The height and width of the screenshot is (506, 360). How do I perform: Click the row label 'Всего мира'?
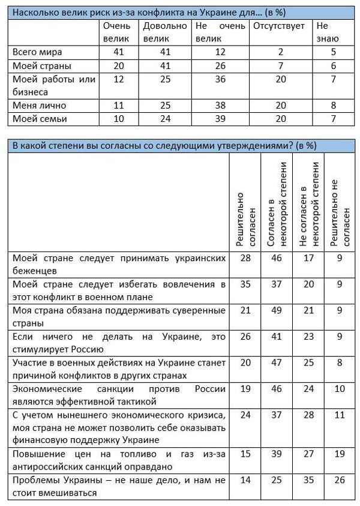38,52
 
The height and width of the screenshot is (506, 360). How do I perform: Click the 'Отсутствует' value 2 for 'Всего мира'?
279,52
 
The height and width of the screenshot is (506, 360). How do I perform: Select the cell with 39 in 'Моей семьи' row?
220,119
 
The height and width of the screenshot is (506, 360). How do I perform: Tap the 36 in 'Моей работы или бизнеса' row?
220,79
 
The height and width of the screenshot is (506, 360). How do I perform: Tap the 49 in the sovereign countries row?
277,311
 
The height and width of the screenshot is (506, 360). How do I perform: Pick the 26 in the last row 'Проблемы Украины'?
339,481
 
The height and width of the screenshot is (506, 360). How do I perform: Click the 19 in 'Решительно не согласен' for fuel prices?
339,454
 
